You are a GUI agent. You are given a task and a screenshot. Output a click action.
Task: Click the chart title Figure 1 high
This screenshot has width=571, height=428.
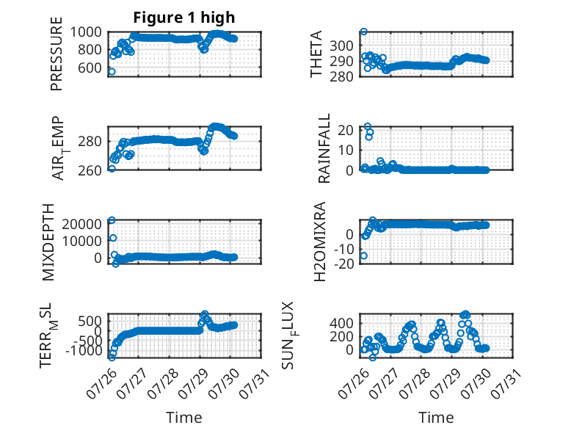coord(184,18)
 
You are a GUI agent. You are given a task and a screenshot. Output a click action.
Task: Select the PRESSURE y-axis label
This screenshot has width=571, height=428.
coord(57,54)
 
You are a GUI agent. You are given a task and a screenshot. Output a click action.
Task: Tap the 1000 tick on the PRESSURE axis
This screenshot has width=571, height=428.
coord(86,32)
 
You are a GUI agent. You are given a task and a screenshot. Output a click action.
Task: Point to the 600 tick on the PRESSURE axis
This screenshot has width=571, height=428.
coord(90,68)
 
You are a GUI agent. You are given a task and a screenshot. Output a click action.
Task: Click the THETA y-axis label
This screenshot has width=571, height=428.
coord(316,54)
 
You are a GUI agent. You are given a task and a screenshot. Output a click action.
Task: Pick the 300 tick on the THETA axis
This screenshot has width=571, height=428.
coord(341,46)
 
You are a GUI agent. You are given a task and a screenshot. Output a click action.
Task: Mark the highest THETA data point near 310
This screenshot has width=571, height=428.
coord(363,32)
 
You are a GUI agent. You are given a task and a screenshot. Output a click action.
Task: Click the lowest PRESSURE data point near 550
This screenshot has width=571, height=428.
coord(112,72)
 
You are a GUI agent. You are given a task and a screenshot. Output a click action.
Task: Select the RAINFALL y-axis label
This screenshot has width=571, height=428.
coord(324,148)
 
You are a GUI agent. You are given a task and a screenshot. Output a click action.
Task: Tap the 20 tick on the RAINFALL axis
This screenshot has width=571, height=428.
coord(346,130)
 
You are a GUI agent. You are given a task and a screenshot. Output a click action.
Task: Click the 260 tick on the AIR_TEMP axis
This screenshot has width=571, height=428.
coord(90,170)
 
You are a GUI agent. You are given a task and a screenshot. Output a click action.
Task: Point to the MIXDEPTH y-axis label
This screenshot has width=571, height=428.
coord(48,242)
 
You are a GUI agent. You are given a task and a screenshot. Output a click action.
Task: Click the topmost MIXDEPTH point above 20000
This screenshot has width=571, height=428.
coord(112,220)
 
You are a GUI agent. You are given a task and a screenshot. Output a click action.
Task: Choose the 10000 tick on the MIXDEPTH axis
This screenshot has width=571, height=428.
coord(82,241)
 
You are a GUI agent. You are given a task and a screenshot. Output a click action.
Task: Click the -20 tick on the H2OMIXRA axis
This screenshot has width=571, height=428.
coord(343,264)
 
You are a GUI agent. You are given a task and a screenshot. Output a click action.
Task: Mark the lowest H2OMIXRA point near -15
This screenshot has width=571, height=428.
coord(363,256)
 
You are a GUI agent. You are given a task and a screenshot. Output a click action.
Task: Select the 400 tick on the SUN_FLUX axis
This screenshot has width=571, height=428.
coord(341,323)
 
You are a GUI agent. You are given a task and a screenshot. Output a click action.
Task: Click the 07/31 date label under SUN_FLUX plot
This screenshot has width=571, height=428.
coord(506,382)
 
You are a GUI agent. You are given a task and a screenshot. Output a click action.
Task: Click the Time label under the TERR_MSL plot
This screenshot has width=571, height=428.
coord(184,418)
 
